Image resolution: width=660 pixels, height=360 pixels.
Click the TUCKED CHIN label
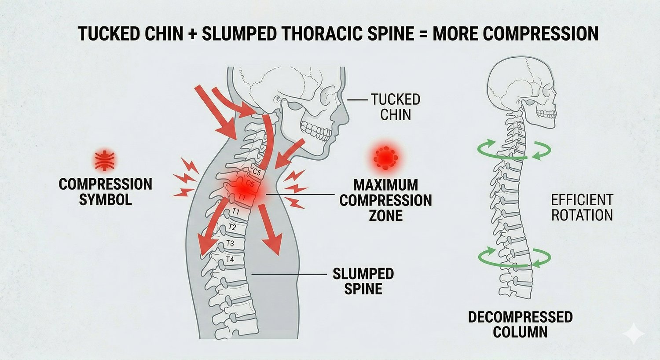pyautogui.click(x=395, y=107)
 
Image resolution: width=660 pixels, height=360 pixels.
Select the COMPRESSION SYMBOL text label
pyautogui.click(x=106, y=191)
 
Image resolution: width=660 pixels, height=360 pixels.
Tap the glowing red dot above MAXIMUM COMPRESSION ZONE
pyautogui.click(x=385, y=156)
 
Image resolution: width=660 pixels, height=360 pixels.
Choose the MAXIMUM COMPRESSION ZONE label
pyautogui.click(x=385, y=200)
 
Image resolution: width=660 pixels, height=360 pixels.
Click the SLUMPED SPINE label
pyautogui.click(x=363, y=281)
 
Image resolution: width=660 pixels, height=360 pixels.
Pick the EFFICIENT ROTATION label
pyautogui.click(x=582, y=207)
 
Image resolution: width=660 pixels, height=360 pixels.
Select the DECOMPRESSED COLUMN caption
pyautogui.click(x=520, y=324)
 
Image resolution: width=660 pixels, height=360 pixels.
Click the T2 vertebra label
pyautogui.click(x=232, y=228)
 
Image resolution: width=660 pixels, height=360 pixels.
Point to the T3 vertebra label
pyautogui.click(x=230, y=243)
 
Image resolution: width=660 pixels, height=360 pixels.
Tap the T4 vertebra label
pyautogui.click(x=230, y=260)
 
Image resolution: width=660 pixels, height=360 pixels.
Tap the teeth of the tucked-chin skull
pyautogui.click(x=316, y=130)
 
